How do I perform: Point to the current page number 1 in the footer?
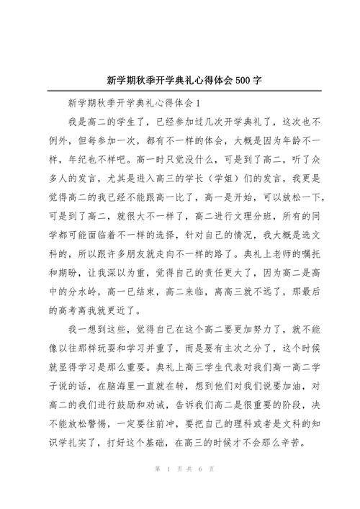pyautogui.click(x=167, y=490)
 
